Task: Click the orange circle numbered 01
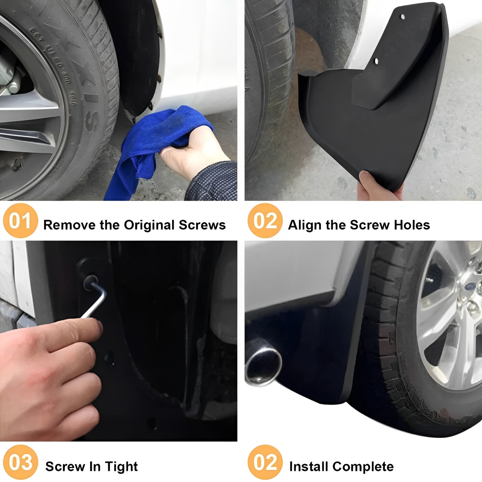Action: click(x=20, y=220)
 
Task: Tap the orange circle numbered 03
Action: click(x=20, y=462)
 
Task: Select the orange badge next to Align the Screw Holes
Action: click(x=265, y=220)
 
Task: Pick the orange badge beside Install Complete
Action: click(x=265, y=462)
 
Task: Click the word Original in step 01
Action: click(x=149, y=225)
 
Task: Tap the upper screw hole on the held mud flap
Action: click(x=403, y=17)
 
